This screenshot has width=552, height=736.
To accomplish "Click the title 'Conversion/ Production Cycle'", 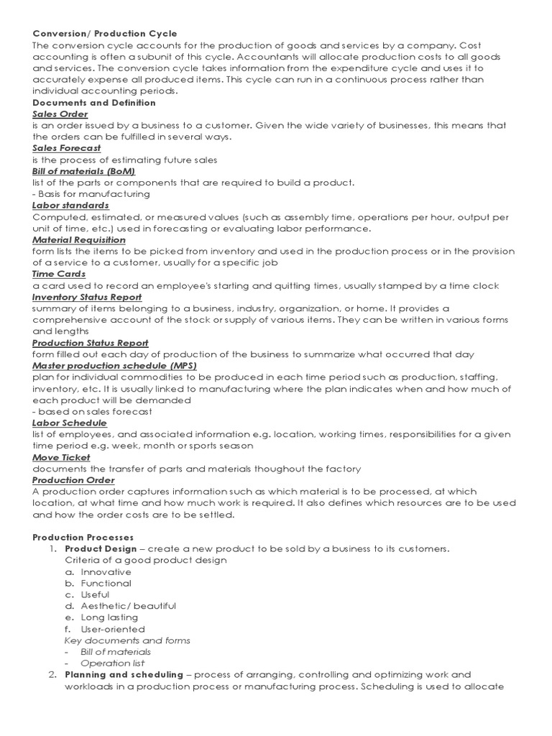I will coord(105,34).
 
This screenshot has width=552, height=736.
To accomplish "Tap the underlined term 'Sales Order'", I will coord(60,114).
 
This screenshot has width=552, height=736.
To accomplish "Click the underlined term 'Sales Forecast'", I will coord(67,148).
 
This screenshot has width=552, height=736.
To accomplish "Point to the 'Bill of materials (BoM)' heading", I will coord(84,171).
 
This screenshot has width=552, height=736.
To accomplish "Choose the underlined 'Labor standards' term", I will coord(71,205).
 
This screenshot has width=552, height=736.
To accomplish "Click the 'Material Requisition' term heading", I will coord(79,239).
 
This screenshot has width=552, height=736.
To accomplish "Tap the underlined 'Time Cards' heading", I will coord(59,274).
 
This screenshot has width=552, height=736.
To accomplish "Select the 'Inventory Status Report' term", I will coord(87,297).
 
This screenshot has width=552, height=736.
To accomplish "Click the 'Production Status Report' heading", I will coord(91,343).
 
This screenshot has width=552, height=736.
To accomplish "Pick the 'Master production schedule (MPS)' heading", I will coord(115,366).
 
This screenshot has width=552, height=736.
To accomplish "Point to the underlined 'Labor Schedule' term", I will coord(70,423).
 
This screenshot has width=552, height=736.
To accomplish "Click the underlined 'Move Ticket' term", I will coord(62,457).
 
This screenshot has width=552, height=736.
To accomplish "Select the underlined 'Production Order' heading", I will coord(73,480).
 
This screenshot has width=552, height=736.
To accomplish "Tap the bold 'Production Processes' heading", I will coord(83,537).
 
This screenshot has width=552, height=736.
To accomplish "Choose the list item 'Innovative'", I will coord(106,571).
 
